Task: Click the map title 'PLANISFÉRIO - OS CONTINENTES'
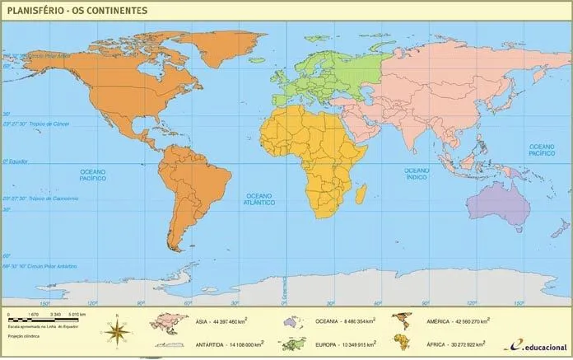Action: [x=76, y=10]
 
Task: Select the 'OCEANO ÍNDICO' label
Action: [x=416, y=173]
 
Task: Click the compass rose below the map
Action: [x=119, y=331]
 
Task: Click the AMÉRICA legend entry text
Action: [x=458, y=320]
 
